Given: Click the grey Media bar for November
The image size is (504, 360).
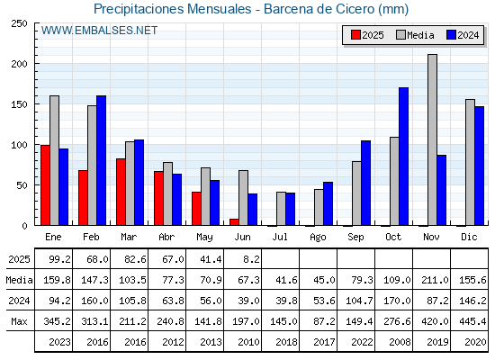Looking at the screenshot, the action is click(x=432, y=139).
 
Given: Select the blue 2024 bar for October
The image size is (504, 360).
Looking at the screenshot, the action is click(x=403, y=157).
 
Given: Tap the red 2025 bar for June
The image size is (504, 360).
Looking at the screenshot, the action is click(x=234, y=222).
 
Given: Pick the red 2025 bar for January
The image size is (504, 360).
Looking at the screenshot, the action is click(x=45, y=185).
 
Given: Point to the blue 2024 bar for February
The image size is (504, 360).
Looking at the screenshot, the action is click(x=101, y=160).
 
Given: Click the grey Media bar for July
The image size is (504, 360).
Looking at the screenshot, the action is click(x=281, y=209).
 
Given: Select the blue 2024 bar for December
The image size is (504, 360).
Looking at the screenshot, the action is click(x=479, y=166).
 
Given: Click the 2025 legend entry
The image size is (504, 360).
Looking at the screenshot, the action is click(x=367, y=35).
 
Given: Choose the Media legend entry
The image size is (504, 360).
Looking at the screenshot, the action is click(x=415, y=35).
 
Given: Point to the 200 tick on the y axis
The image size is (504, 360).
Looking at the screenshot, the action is click(x=19, y=64).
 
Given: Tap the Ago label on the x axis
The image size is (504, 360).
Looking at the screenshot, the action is click(x=318, y=238).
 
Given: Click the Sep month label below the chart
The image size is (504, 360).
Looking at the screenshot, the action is click(x=355, y=238).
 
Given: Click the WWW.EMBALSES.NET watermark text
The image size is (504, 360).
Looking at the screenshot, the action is click(x=99, y=31).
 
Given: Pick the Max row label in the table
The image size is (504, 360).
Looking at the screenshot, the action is click(x=19, y=321).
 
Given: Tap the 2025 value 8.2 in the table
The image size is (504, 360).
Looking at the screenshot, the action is click(x=251, y=259).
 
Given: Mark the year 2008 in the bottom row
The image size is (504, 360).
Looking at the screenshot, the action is click(x=400, y=342).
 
